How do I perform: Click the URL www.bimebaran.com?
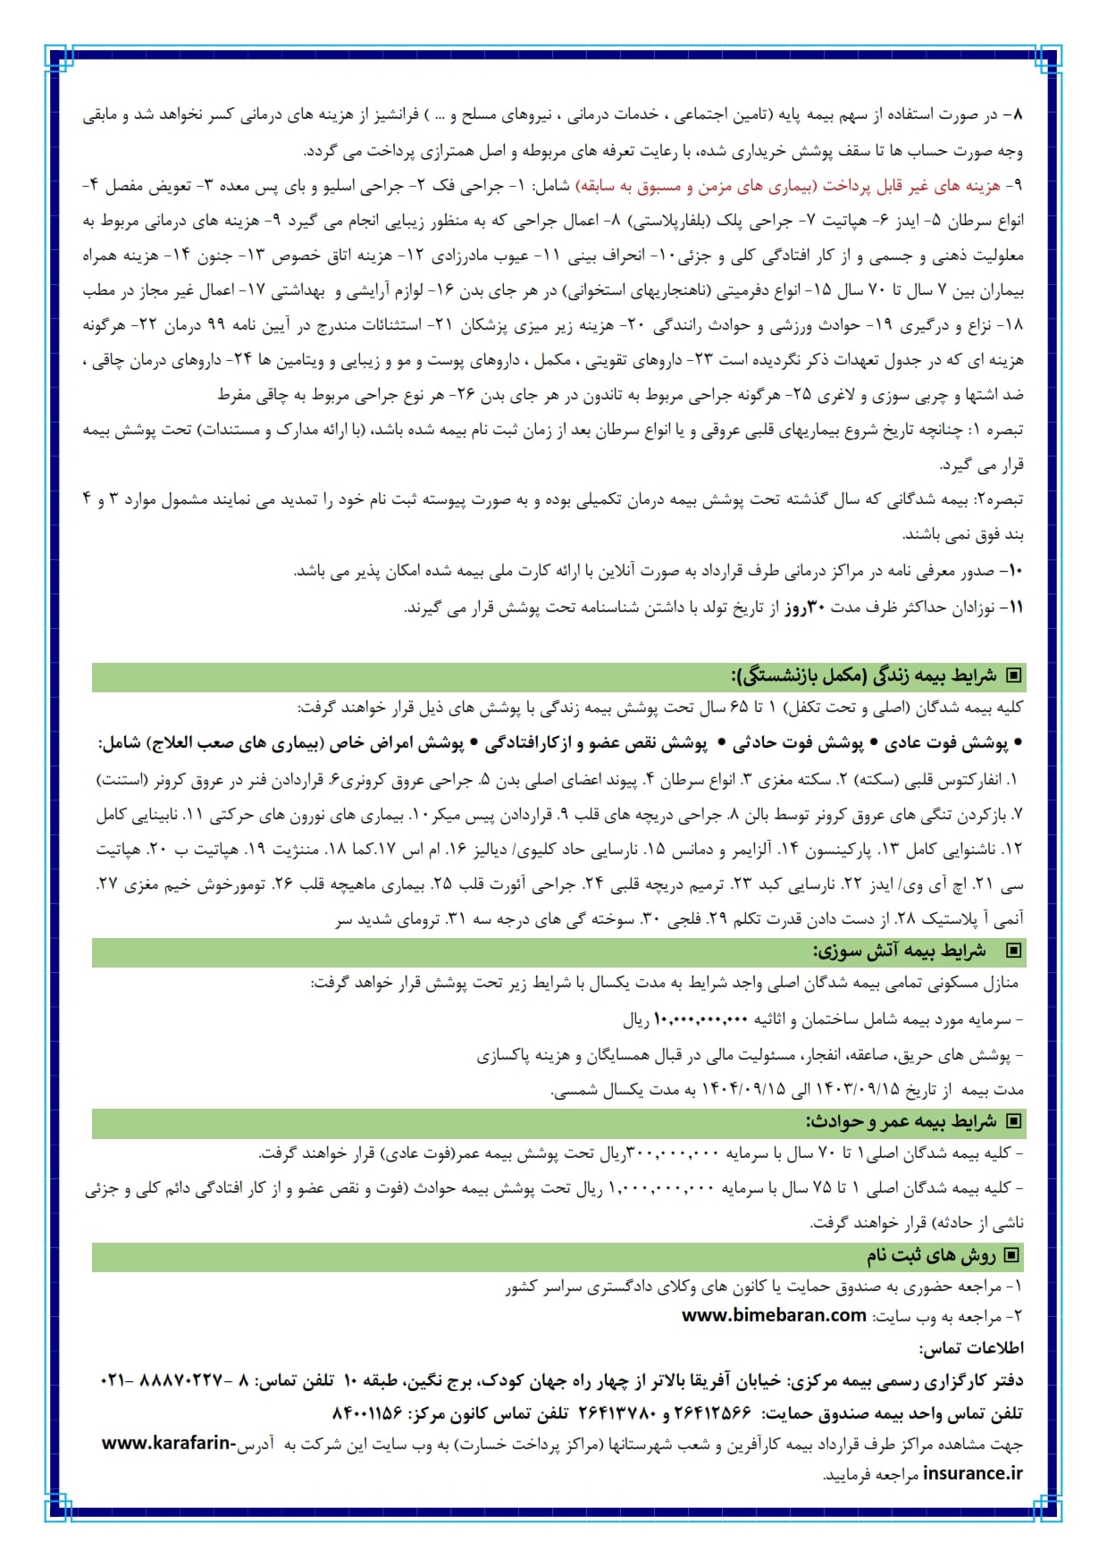pos(774,1315)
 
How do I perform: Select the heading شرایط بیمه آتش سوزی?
pos(899,951)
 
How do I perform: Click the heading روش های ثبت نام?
pos(930,1256)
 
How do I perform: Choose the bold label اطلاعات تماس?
pos(972,1347)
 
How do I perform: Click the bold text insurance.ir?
pos(972,1473)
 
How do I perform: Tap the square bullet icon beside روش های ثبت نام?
pos(1011,1256)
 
